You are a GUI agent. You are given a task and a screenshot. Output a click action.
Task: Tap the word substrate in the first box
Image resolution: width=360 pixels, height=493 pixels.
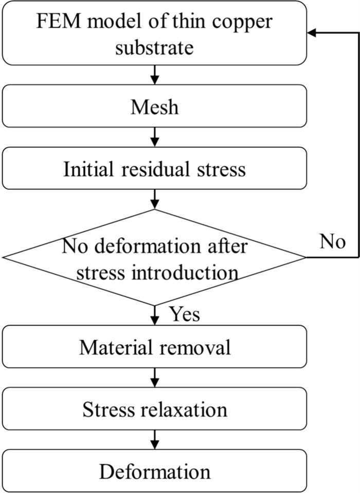click(154, 47)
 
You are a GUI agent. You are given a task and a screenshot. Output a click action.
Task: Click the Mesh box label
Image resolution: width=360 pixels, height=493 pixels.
click(154, 108)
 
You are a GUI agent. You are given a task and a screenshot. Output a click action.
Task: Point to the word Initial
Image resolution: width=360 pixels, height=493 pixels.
click(88, 169)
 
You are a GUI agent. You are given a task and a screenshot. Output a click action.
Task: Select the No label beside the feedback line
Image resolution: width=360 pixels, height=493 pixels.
click(332, 242)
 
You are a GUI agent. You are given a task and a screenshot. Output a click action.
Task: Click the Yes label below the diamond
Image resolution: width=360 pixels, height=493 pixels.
click(184, 313)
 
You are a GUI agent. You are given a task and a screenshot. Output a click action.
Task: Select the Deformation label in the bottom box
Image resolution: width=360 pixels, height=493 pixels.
click(154, 471)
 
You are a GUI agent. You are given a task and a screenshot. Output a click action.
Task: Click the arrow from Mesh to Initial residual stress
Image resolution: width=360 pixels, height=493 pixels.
click(154, 136)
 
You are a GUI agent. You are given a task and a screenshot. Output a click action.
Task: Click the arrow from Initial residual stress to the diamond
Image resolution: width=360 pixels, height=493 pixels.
click(154, 199)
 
